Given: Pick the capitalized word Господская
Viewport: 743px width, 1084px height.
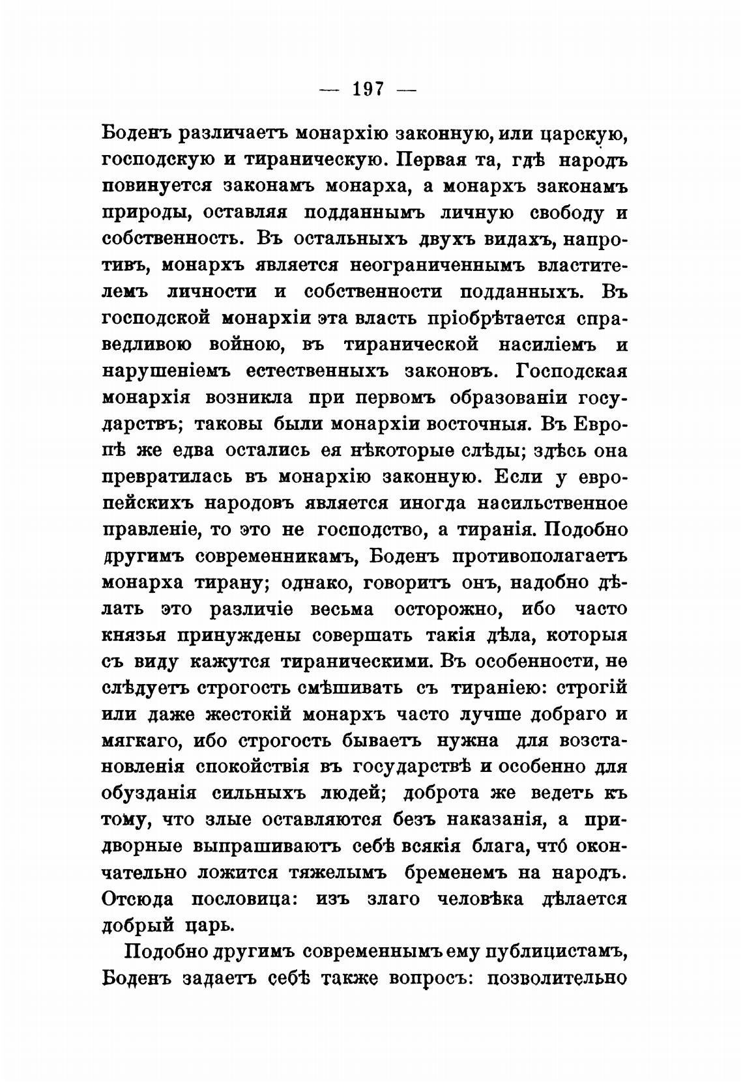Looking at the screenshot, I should pyautogui.click(x=571, y=371).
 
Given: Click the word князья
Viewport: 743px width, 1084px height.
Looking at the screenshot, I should pyautogui.click(x=132, y=635).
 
